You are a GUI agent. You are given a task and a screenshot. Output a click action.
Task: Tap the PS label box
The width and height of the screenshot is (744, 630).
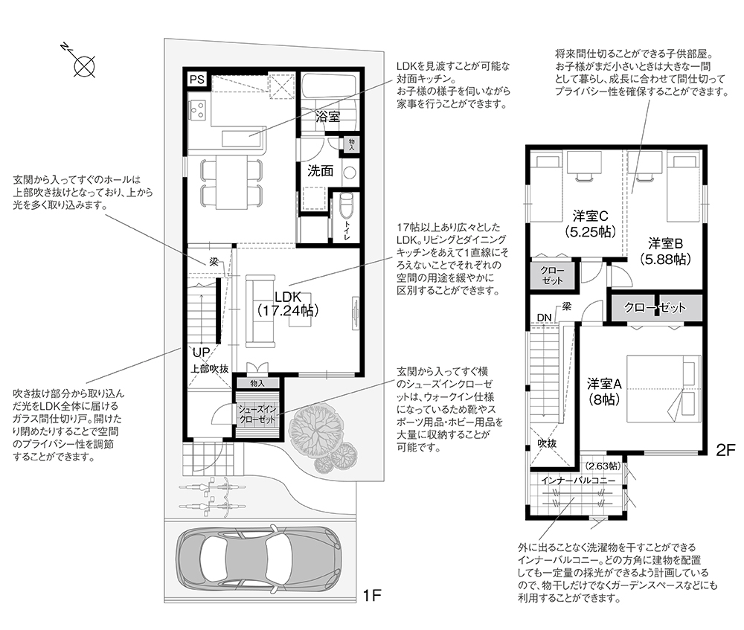pyautogui.click(x=197, y=80)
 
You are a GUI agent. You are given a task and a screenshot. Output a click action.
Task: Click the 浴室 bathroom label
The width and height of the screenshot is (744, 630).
pyautogui.click(x=328, y=116)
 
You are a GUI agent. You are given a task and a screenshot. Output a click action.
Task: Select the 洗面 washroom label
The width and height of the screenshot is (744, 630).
pyautogui.click(x=320, y=171)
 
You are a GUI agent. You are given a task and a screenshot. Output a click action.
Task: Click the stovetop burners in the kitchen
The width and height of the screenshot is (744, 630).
pyautogui.click(x=197, y=110)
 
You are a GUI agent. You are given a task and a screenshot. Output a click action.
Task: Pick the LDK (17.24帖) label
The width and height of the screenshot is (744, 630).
pyautogui.click(x=288, y=303)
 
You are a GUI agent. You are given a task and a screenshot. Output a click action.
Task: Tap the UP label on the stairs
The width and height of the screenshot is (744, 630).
pyautogui.click(x=201, y=353)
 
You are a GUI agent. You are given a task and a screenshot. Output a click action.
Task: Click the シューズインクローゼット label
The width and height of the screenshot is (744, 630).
pyautogui.click(x=257, y=414)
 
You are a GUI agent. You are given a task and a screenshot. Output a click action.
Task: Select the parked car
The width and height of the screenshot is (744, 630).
pyautogui.click(x=259, y=560)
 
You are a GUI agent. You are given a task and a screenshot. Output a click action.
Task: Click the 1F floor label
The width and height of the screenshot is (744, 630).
pyautogui.click(x=372, y=594)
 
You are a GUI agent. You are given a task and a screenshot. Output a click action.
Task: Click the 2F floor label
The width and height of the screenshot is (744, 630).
pyautogui.click(x=725, y=449)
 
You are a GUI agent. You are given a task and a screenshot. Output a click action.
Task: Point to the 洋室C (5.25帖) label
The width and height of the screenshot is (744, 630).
pyautogui.click(x=590, y=224)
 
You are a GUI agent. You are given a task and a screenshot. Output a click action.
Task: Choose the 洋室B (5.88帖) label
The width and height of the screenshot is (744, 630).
pyautogui.click(x=665, y=251)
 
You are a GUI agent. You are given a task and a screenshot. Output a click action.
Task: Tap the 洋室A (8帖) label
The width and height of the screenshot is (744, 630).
pyautogui.click(x=604, y=391)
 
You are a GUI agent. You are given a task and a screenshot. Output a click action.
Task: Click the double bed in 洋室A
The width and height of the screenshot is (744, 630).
pyautogui.click(x=664, y=388)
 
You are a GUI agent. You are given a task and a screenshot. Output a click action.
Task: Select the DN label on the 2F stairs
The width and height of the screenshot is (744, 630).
pyautogui.click(x=545, y=318)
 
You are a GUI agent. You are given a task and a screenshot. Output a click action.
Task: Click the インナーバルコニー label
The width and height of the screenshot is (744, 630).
pyautogui.click(x=578, y=480)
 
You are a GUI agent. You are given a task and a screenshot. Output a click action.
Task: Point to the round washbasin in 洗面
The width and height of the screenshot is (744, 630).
pyautogui.click(x=349, y=172)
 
